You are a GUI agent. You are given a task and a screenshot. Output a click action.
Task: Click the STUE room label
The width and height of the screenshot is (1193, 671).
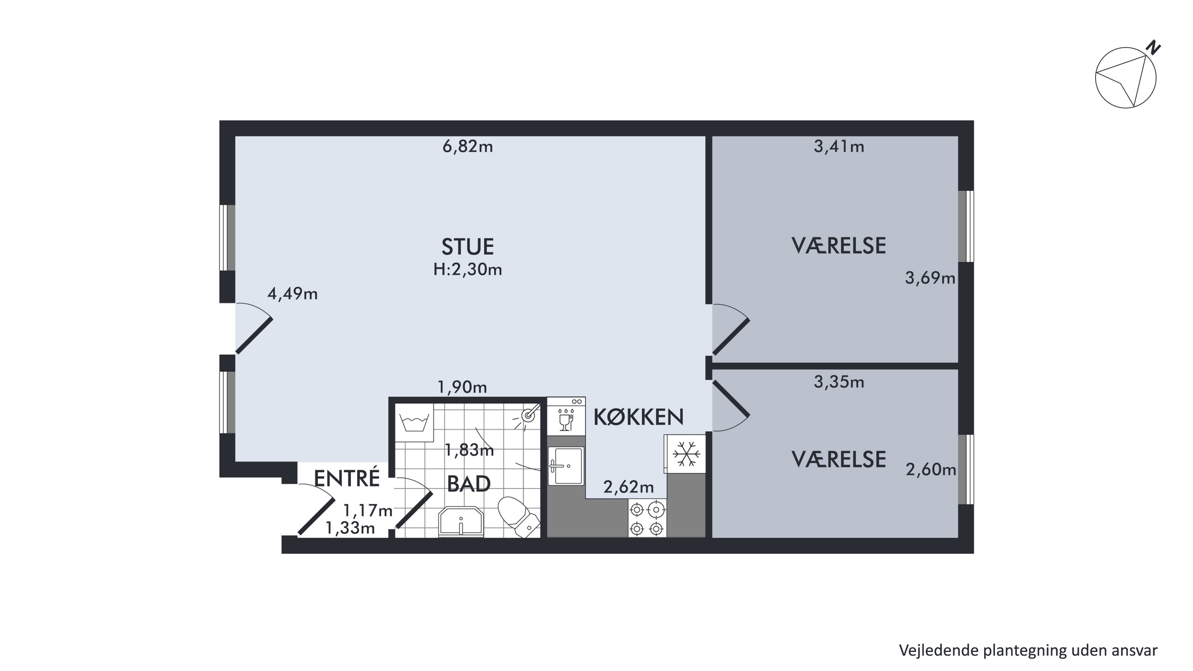467,247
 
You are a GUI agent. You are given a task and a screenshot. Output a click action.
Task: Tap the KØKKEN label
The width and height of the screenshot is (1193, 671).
638,417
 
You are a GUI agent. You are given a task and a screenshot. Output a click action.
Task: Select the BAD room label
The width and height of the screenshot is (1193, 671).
469,484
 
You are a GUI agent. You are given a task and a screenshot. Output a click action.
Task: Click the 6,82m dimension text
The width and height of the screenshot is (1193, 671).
468,147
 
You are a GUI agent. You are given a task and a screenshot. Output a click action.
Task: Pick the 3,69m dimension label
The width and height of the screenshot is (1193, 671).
930,278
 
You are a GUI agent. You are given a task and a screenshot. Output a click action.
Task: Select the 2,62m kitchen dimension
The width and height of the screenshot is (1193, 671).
628,487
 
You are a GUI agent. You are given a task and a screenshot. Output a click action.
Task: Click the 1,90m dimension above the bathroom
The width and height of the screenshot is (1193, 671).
462,387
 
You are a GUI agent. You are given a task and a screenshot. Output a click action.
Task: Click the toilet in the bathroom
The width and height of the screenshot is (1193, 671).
519,517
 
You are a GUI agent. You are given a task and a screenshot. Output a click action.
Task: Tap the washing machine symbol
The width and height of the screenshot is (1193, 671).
414,422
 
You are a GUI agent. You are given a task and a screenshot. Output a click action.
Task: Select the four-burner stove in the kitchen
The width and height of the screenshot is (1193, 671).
647,518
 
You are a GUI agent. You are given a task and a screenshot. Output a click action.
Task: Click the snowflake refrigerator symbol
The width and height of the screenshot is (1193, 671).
686,454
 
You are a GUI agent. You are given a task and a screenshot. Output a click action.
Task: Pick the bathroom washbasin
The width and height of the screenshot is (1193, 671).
461,521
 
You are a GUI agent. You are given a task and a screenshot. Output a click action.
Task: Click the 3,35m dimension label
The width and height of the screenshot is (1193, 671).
839,382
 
